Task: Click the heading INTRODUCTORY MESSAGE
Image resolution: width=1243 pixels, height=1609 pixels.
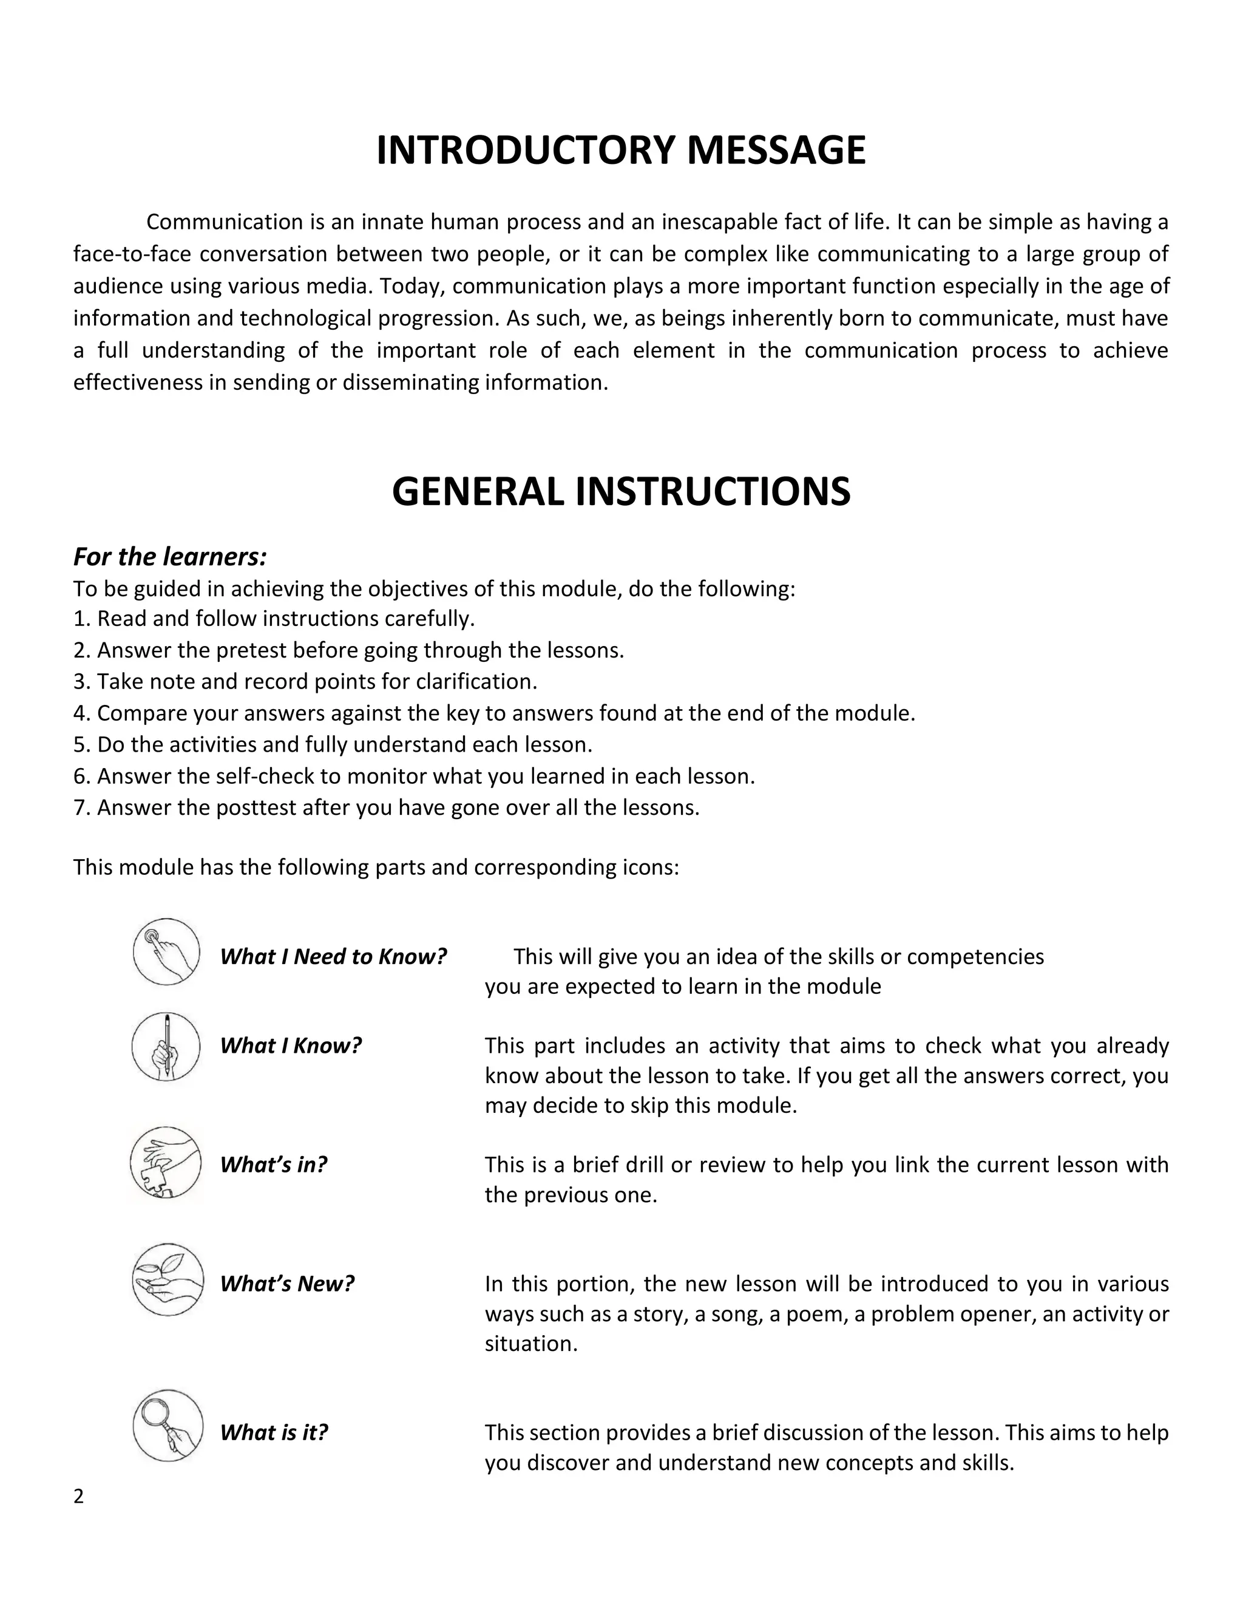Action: (621, 151)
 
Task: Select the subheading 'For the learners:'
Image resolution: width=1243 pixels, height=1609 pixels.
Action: (169, 557)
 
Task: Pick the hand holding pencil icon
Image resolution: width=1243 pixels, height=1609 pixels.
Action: (166, 1046)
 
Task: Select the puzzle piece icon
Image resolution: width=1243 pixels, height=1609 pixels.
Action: (166, 1163)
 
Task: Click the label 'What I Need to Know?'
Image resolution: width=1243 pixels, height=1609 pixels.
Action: (333, 956)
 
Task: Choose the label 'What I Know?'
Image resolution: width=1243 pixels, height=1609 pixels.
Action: (291, 1046)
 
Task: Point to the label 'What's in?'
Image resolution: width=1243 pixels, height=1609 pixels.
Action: (273, 1164)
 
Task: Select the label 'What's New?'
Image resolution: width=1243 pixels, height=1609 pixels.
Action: (287, 1284)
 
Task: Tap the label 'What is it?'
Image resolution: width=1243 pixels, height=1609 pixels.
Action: (273, 1432)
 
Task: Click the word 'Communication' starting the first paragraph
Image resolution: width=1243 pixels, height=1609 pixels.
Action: (214, 222)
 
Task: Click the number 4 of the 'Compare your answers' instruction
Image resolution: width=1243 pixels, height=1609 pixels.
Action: (80, 713)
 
